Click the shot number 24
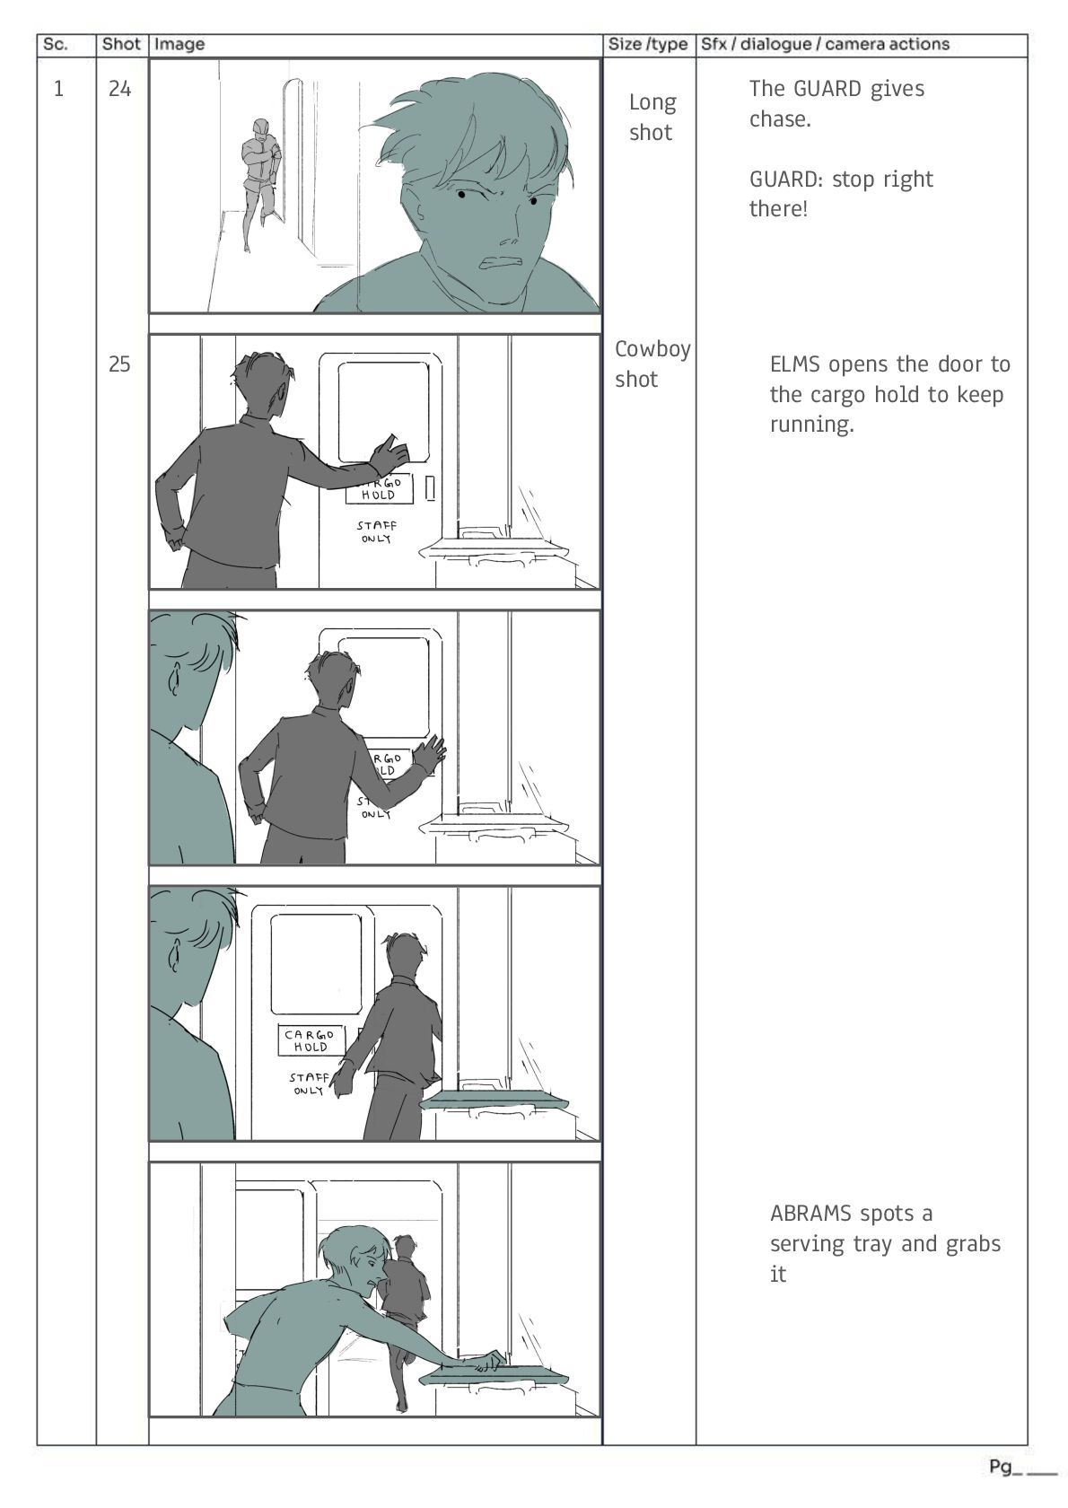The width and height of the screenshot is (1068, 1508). pyautogui.click(x=119, y=89)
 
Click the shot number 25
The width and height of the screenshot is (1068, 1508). pyautogui.click(x=119, y=364)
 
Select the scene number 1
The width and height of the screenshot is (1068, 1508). pyautogui.click(x=58, y=89)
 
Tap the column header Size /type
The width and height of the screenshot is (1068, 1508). pyautogui.click(x=647, y=45)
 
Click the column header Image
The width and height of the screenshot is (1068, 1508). pyautogui.click(x=179, y=45)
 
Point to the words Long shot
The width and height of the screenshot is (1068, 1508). pyautogui.click(x=651, y=117)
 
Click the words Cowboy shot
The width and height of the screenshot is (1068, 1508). pyautogui.click(x=652, y=364)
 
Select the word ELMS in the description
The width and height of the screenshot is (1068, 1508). pyautogui.click(x=795, y=364)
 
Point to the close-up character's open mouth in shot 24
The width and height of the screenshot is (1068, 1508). pyautogui.click(x=502, y=261)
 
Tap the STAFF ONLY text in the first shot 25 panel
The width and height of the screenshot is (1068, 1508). pyautogui.click(x=376, y=531)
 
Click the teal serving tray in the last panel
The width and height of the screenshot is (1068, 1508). pyautogui.click(x=494, y=1376)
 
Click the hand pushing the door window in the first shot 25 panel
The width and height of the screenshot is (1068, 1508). pyautogui.click(x=393, y=451)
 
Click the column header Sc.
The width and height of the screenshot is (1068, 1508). pyautogui.click(x=55, y=45)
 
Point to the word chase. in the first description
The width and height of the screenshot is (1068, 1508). pyautogui.click(x=780, y=119)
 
